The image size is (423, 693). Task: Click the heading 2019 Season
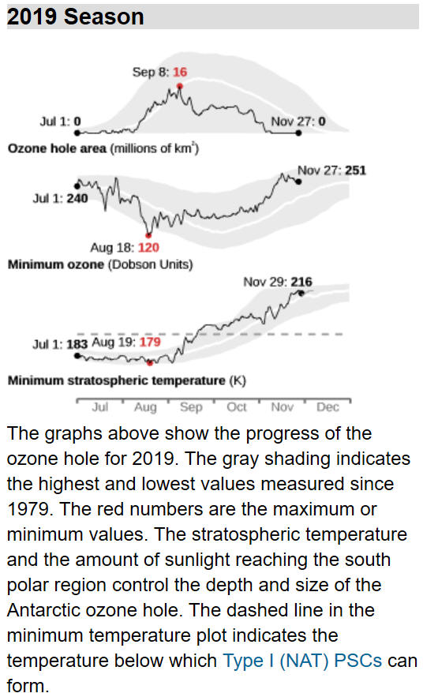pos(76,17)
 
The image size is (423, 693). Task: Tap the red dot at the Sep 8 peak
pos(179,87)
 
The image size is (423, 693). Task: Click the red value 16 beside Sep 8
pos(180,72)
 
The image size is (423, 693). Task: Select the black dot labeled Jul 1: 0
pos(77,133)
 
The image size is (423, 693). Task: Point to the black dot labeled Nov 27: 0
pos(298,133)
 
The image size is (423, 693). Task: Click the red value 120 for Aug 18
pos(148,248)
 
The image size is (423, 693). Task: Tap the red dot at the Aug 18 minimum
pos(148,235)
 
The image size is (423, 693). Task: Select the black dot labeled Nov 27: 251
pos(298,182)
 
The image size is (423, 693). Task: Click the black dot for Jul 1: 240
pos(77,185)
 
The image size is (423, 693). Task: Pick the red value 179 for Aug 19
pos(150,342)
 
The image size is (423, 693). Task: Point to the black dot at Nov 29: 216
pos(301,293)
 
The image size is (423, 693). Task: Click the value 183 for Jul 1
pos(77,344)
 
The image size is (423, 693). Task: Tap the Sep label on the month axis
pos(191,407)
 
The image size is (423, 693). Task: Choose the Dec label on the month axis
pos(328,407)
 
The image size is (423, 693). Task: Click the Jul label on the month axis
pos(100,407)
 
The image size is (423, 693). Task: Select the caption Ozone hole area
pos(57,148)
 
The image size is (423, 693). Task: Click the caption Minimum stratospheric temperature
pos(117,380)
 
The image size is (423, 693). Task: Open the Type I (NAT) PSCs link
pos(302,661)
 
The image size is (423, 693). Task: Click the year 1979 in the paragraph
pos(28,509)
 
